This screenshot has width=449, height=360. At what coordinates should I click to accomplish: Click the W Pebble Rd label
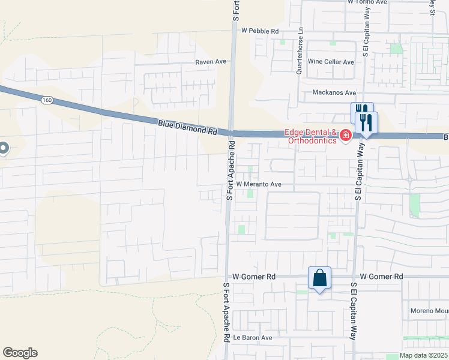[260, 31]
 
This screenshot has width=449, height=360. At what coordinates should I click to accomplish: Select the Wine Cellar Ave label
[331, 62]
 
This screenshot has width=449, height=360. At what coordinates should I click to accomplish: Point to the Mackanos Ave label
[334, 93]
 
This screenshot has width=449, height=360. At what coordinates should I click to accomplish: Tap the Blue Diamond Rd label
[187, 127]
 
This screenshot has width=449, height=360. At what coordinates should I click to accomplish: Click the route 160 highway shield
[47, 100]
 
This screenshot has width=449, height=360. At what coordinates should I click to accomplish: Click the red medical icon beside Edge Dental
[346, 136]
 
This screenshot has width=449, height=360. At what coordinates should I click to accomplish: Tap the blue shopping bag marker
[319, 278]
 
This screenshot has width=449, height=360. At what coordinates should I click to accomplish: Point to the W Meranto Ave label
[258, 184]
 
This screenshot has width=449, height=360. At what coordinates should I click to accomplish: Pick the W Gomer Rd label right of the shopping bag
[382, 277]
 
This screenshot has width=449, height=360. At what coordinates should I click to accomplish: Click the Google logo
[20, 353]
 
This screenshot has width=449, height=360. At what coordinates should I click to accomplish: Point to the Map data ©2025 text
[423, 355]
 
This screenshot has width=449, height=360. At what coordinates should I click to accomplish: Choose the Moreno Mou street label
[429, 311]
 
